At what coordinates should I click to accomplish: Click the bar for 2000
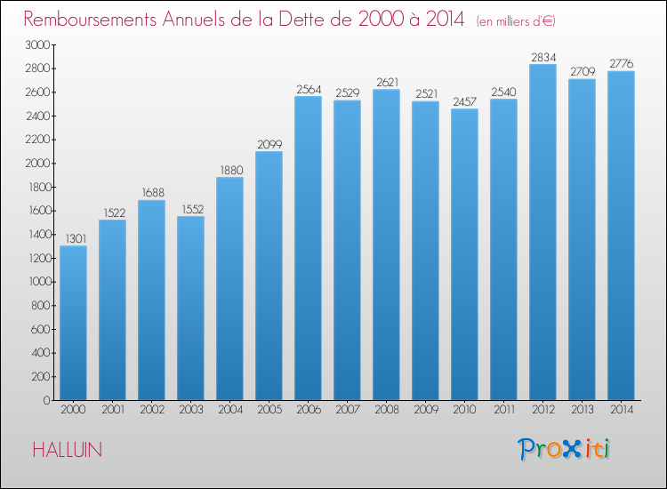pyautogui.click(x=73, y=323)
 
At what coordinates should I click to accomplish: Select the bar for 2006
pyautogui.click(x=308, y=248)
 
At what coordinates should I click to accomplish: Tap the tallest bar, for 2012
pyautogui.click(x=542, y=232)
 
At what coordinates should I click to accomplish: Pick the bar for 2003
pyautogui.click(x=190, y=308)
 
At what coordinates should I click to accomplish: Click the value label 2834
pyautogui.click(x=543, y=57)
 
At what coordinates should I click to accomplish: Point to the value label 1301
pyautogui.click(x=76, y=238)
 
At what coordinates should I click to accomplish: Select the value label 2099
pyautogui.click(x=269, y=145)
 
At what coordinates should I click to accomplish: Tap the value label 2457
pyautogui.click(x=464, y=101)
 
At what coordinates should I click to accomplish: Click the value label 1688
pyautogui.click(x=153, y=193)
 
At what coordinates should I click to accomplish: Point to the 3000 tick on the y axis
pyautogui.click(x=38, y=44)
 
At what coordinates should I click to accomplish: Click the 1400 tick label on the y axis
pyautogui.click(x=40, y=235)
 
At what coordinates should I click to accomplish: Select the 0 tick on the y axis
pyautogui.click(x=47, y=400)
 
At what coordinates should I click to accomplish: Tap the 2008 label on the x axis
pyautogui.click(x=387, y=410)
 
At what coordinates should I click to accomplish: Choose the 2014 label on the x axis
pyautogui.click(x=622, y=410)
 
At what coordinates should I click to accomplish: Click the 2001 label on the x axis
pyautogui.click(x=113, y=410)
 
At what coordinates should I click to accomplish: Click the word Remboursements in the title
pyautogui.click(x=90, y=20)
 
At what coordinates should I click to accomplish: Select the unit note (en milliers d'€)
pyautogui.click(x=516, y=20)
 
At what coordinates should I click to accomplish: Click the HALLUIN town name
pyautogui.click(x=68, y=450)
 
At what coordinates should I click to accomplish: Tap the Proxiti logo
pyautogui.click(x=564, y=449)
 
